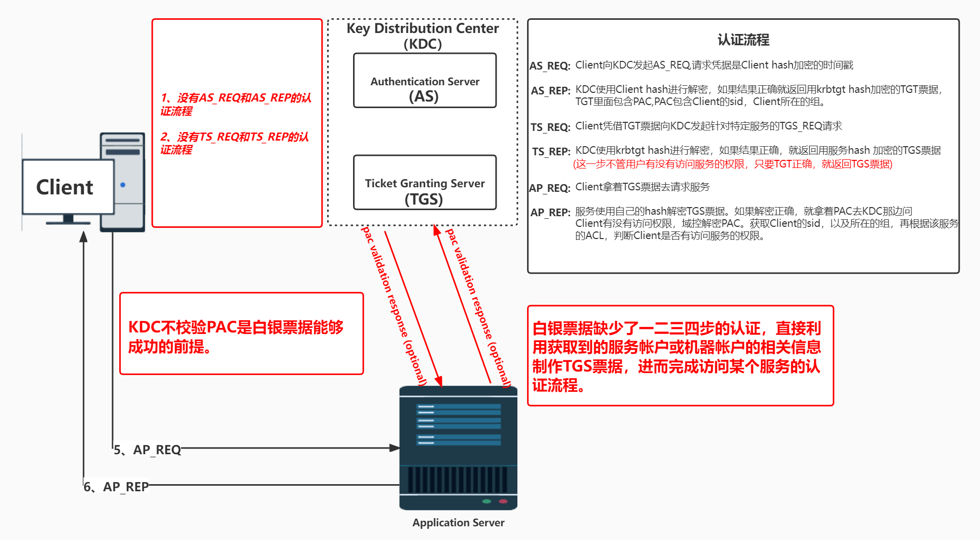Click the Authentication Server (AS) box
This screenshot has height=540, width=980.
425,81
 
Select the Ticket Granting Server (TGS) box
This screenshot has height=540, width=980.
425,183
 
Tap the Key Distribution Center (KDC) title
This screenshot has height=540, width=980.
423,36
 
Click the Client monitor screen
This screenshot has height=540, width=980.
68,187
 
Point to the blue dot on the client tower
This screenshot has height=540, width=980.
123,185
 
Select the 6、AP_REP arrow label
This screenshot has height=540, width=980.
117,487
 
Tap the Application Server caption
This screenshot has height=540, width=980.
458,522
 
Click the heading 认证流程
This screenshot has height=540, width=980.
743,40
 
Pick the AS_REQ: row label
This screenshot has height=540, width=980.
550,66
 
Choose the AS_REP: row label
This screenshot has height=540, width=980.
550,91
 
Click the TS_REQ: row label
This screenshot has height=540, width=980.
550,127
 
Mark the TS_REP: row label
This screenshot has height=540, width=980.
551,152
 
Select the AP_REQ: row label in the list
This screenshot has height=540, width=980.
550,188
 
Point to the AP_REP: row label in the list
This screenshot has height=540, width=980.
550,213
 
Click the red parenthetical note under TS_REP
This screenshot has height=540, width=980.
732,164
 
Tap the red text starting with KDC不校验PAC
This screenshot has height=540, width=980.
236,336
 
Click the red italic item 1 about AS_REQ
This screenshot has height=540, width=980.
236,104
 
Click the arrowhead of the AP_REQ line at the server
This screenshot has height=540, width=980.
395,448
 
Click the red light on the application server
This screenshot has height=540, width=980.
503,501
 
